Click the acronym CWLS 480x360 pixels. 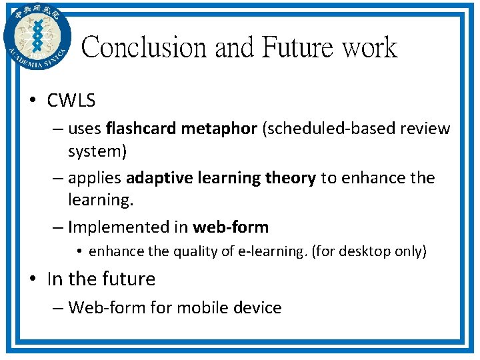pyautogui.click(x=71, y=101)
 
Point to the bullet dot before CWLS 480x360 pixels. pyautogui.click(x=33, y=101)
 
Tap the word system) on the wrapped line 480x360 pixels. pyautogui.click(x=97, y=151)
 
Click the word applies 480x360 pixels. pyautogui.click(x=95, y=178)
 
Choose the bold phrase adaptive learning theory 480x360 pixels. pyautogui.click(x=221, y=178)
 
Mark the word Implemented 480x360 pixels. pyautogui.click(x=119, y=227)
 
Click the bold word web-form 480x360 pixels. pyautogui.click(x=231, y=227)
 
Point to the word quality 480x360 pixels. pyautogui.click(x=195, y=251)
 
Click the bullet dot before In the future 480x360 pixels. pyautogui.click(x=33, y=279)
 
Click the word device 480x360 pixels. pyautogui.click(x=260, y=307)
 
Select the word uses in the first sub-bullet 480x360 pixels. pyautogui.click(x=85, y=129)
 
